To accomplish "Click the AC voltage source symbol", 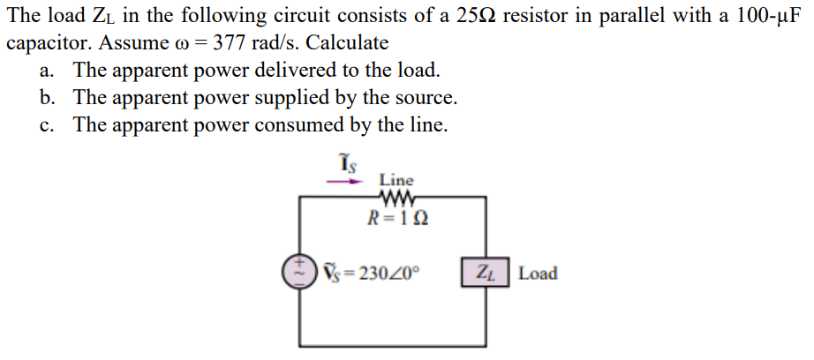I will coord(298,272).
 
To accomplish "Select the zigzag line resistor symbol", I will coord(395,199).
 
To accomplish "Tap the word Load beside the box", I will coord(538,273).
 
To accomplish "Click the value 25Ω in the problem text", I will coord(477,15).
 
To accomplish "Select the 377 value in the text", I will coord(234,42).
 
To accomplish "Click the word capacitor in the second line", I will coord(44,42).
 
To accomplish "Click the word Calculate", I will coord(348,42).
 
